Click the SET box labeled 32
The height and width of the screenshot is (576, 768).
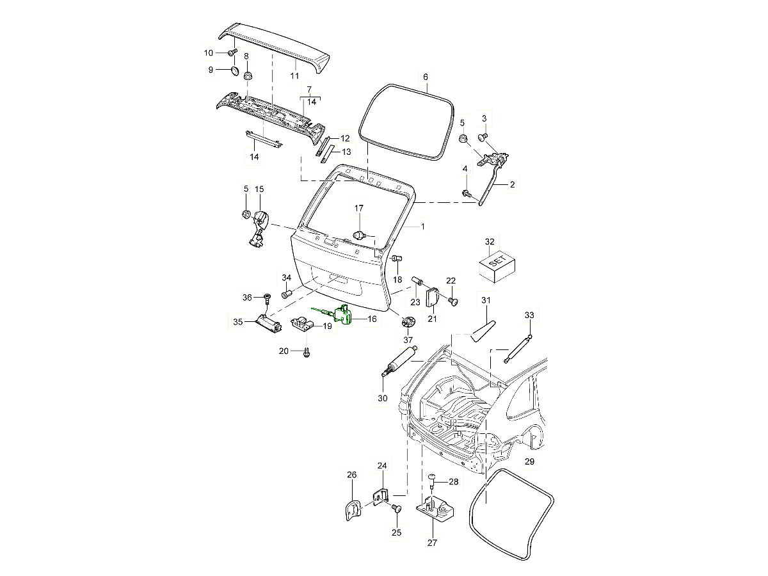pyautogui.click(x=497, y=266)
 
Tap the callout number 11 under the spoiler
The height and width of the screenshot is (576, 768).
pyautogui.click(x=294, y=76)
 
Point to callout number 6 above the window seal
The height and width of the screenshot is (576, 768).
pyautogui.click(x=426, y=77)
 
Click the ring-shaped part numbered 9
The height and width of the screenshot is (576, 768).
pyautogui.click(x=234, y=70)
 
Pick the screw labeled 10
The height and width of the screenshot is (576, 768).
pyautogui.click(x=233, y=51)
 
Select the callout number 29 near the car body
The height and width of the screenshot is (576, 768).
pyautogui.click(x=529, y=461)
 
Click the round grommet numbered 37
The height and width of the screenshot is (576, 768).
pyautogui.click(x=408, y=321)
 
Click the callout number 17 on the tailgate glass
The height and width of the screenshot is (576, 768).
pyautogui.click(x=359, y=209)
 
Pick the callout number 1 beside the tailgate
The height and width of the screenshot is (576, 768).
pyautogui.click(x=422, y=226)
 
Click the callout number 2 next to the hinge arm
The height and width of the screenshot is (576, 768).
pyautogui.click(x=512, y=184)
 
